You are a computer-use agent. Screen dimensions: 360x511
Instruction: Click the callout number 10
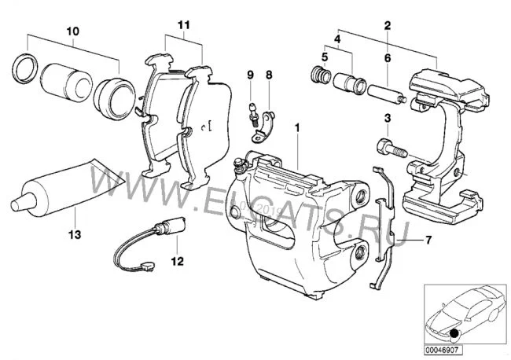72,31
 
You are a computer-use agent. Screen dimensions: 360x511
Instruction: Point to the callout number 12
177,260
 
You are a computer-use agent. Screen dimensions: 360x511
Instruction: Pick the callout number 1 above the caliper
297,127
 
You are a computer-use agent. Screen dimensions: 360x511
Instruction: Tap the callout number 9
250,75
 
